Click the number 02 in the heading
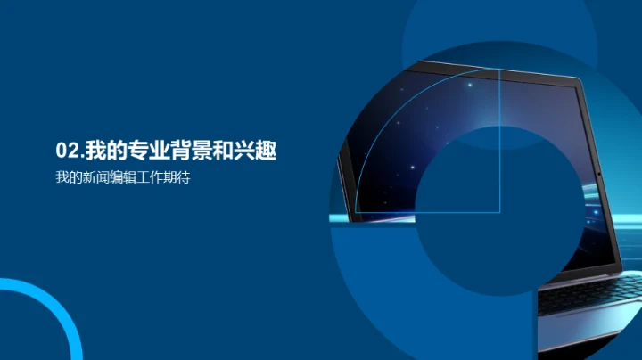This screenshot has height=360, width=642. click(66, 149)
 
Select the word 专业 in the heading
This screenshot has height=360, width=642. click(141, 149)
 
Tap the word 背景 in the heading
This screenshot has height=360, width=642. click(187, 149)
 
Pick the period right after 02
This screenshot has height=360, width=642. click(81, 153)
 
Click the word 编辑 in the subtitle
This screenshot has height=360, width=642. click(120, 177)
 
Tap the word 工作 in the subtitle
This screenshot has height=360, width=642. click(147, 177)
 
